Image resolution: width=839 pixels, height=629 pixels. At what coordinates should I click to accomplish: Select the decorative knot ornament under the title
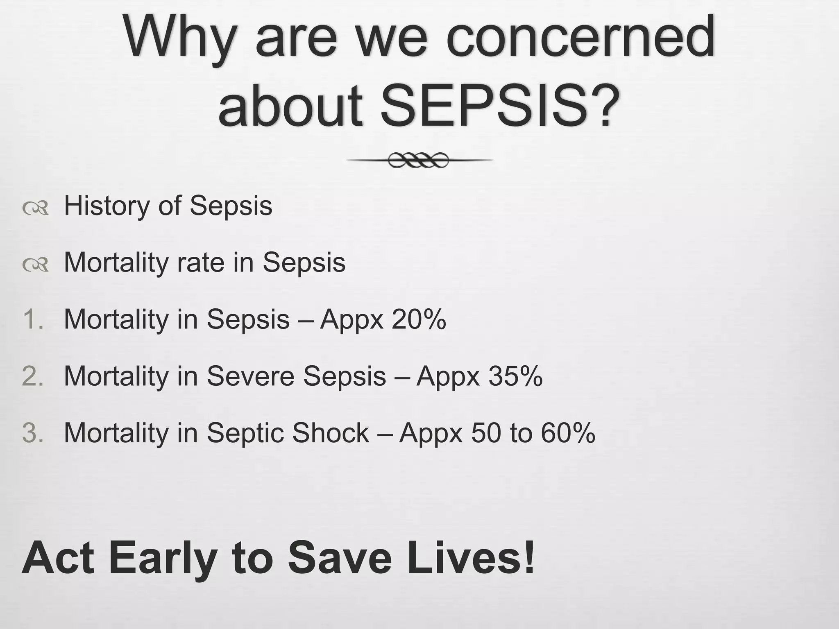(419, 160)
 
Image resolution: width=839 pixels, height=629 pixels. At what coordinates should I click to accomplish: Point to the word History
(107, 206)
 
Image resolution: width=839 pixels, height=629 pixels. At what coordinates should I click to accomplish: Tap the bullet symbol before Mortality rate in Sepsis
(36, 265)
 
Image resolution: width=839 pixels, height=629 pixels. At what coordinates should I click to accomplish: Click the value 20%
(418, 319)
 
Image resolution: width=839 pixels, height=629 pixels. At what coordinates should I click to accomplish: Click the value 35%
(515, 376)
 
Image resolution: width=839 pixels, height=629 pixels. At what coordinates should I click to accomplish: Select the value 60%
(567, 433)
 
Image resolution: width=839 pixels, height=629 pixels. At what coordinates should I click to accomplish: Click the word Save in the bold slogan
(340, 557)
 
